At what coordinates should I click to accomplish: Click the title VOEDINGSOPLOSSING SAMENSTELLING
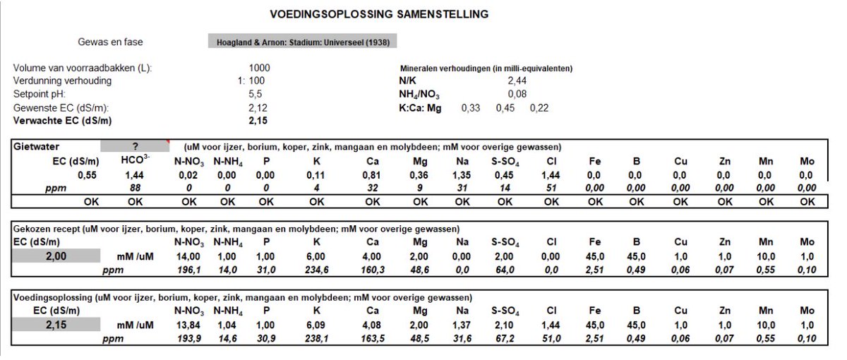click(379, 14)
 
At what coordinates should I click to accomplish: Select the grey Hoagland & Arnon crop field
click(303, 41)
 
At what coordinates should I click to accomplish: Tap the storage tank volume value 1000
click(260, 68)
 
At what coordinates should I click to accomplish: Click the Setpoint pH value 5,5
click(256, 94)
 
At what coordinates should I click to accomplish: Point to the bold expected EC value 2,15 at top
click(258, 121)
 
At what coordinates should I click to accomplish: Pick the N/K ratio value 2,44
click(517, 80)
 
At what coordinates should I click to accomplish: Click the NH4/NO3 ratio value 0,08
click(517, 94)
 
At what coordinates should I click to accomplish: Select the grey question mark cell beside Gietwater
click(135, 146)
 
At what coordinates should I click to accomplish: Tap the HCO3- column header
click(135, 160)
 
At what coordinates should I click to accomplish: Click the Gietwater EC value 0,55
click(87, 175)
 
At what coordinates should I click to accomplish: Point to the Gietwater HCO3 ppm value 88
click(135, 188)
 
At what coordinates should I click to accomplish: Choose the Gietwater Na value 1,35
click(462, 175)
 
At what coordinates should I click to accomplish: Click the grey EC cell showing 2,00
click(56, 256)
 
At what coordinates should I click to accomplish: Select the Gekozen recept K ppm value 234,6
click(316, 270)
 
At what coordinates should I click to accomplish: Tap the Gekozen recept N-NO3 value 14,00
click(188, 256)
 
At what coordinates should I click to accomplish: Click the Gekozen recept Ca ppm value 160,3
click(373, 270)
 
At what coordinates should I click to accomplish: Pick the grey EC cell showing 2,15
click(56, 325)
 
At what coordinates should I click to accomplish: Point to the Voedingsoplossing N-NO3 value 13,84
click(188, 325)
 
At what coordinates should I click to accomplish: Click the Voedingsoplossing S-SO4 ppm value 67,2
click(505, 338)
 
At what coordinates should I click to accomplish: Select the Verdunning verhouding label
click(62, 81)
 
